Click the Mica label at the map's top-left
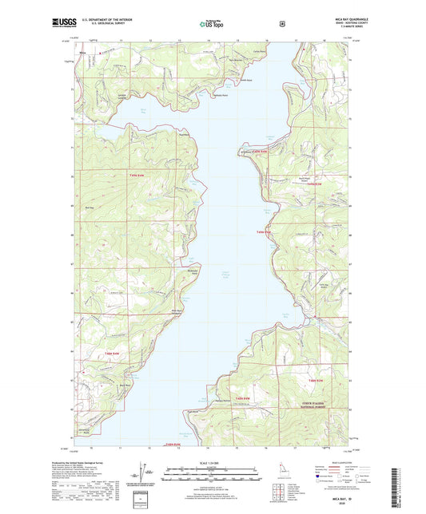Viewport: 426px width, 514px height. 83,53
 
